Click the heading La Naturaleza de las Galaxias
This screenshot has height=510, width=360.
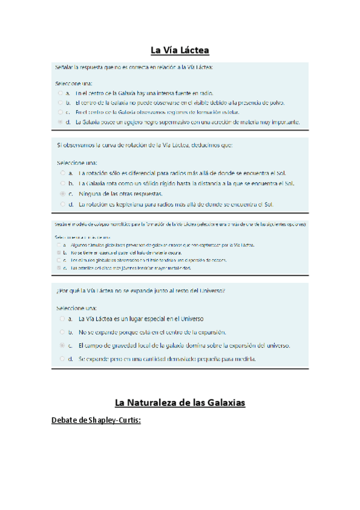[x=180, y=402]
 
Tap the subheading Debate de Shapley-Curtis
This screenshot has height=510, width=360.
[x=97, y=420]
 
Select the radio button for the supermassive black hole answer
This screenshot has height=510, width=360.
[x=60, y=121]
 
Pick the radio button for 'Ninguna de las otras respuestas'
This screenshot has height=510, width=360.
[x=63, y=194]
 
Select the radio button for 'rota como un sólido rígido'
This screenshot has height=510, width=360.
[x=63, y=183]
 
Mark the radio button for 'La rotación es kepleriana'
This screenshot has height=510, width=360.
[x=63, y=204]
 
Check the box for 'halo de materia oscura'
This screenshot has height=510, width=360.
[x=58, y=253]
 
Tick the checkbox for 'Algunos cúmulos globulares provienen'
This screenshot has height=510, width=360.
[x=58, y=246]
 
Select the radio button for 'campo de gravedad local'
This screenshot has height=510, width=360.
[x=63, y=345]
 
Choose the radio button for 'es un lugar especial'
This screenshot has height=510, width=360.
[x=63, y=318]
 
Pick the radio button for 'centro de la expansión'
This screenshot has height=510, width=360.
[x=63, y=331]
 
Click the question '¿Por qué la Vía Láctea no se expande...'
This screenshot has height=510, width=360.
[x=141, y=291]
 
